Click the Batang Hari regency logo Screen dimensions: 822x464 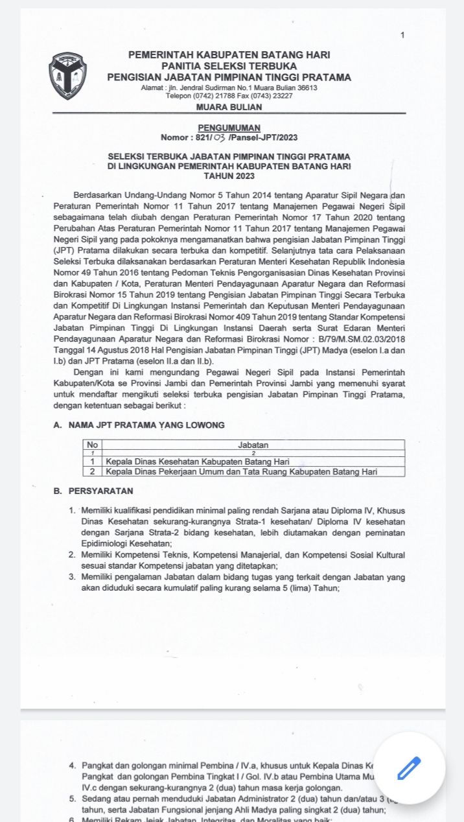tap(68, 76)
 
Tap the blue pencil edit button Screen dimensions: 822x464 tap(410, 768)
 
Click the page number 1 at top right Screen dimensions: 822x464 tap(402, 35)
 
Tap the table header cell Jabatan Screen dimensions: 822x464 tap(253, 445)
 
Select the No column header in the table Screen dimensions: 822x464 tap(92, 445)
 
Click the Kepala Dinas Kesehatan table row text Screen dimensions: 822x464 tap(197, 462)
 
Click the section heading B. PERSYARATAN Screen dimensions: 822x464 tap(93, 491)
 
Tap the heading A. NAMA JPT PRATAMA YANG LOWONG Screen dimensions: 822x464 tap(139, 425)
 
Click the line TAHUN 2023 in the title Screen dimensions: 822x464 tap(229, 176)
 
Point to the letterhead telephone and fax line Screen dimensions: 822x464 tap(229, 96)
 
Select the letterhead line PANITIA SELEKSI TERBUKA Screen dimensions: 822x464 tap(229, 66)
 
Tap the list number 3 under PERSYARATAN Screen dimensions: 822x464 tap(72, 576)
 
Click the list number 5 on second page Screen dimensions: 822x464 tap(72, 799)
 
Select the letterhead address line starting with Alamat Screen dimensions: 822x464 tap(229, 88)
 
